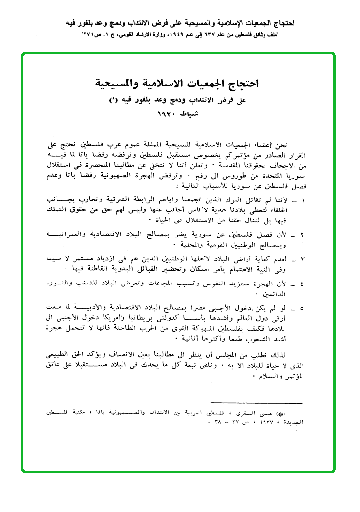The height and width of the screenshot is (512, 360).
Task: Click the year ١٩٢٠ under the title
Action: click(167, 115)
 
